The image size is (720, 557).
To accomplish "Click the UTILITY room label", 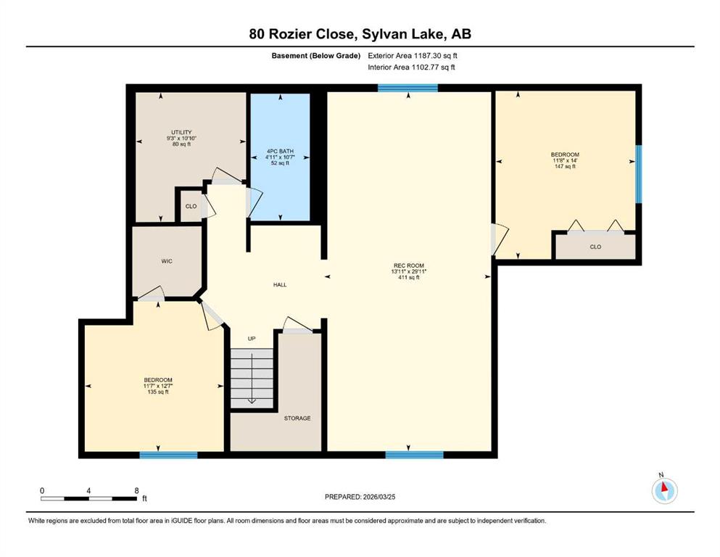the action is [181, 132].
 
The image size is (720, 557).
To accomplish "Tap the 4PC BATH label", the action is [280, 151].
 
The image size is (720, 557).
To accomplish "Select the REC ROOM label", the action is [409, 265].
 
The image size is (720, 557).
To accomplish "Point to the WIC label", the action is [167, 261].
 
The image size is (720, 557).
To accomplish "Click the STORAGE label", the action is [297, 418].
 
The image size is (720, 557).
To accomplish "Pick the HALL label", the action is [280, 285].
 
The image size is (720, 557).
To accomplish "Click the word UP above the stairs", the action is [252, 339].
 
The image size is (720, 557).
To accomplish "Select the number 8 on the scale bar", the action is [136, 490].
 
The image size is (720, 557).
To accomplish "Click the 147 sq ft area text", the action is [566, 166].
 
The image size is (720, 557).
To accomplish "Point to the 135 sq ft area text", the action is [158, 392].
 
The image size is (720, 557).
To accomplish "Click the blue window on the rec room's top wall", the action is [407, 88].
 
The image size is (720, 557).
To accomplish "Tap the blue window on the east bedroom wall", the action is [638, 174].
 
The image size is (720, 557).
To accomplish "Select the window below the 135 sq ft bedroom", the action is [168, 455].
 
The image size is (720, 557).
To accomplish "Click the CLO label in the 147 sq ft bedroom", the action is [595, 247].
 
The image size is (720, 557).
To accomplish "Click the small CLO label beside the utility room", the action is [191, 206].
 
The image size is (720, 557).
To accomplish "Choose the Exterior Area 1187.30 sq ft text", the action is [413, 56].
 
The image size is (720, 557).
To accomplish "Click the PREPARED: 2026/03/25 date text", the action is [360, 497].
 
